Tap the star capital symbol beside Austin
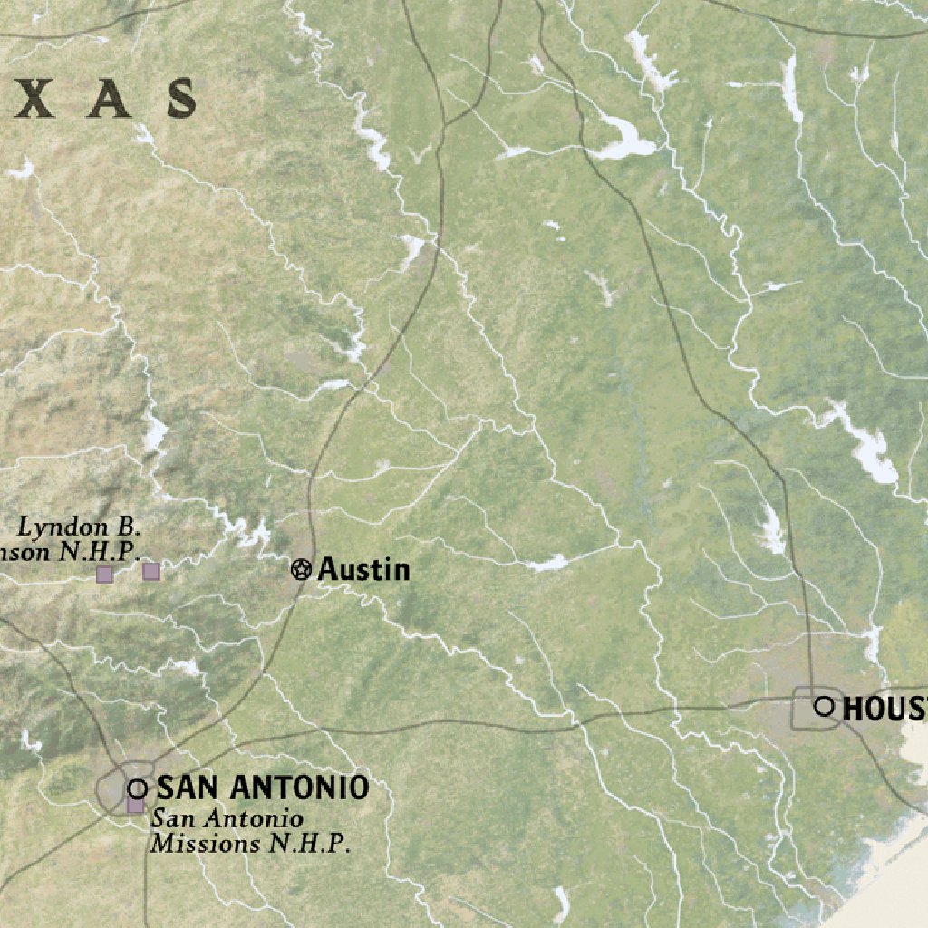click(301, 569)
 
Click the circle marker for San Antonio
click(138, 788)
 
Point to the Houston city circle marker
click(824, 707)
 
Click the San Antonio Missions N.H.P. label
click(250, 831)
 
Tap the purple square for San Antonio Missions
click(135, 805)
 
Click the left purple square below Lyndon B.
click(105, 574)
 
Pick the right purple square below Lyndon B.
click(151, 571)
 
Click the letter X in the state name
click(37, 99)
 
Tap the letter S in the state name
click(181, 99)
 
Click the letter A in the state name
click(109, 99)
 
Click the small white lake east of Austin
click(547, 564)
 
